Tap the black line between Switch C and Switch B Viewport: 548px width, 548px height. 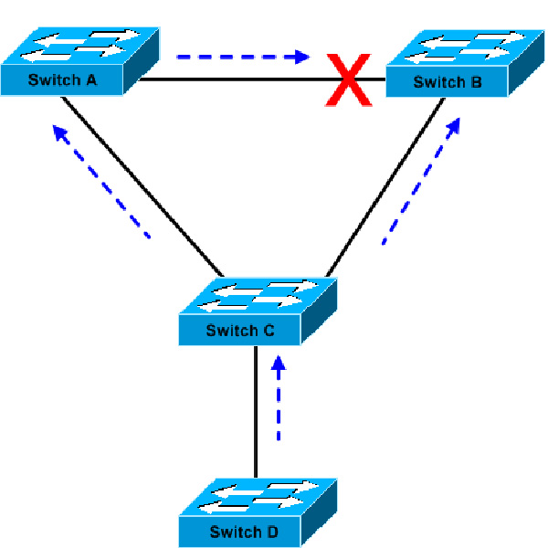(384, 192)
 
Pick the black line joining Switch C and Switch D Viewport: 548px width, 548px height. (255, 411)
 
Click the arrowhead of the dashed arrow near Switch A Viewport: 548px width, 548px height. (60, 133)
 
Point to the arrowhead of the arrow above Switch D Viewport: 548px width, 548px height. (279, 364)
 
